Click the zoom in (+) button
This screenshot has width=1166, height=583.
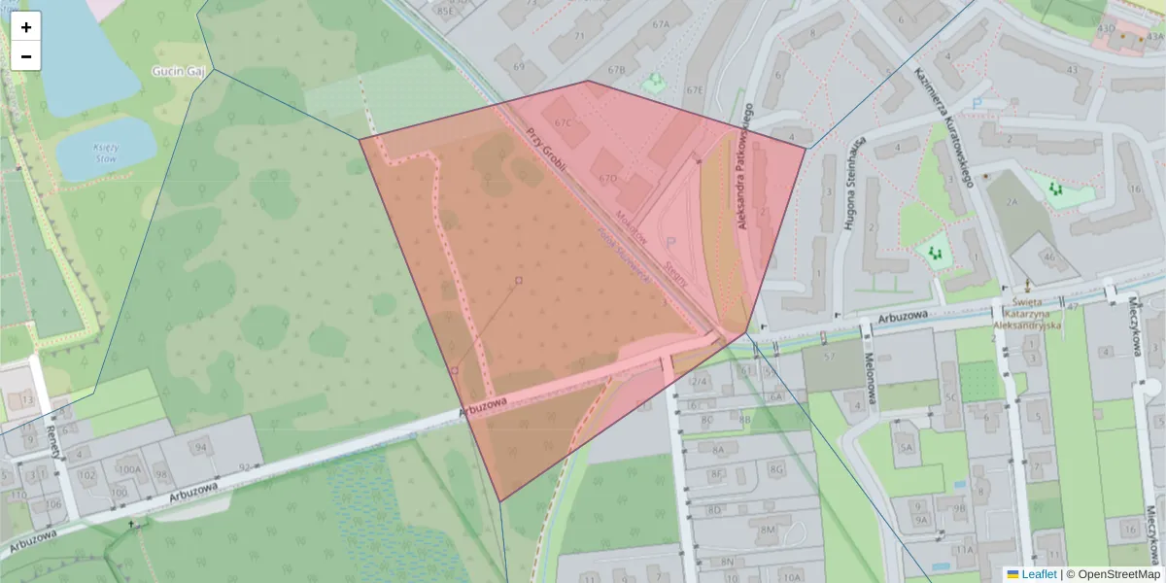point(26,27)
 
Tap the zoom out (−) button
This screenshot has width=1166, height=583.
point(26,56)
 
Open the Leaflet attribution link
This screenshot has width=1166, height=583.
point(1039,574)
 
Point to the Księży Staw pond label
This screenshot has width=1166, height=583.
point(105,152)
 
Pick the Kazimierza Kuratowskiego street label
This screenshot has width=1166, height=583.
point(943,127)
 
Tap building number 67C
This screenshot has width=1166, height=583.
point(564,123)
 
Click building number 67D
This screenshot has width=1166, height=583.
point(608,179)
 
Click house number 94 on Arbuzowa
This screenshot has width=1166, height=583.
point(200,447)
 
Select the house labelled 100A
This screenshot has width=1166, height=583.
point(128,469)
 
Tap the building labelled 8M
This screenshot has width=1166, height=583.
point(768,529)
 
